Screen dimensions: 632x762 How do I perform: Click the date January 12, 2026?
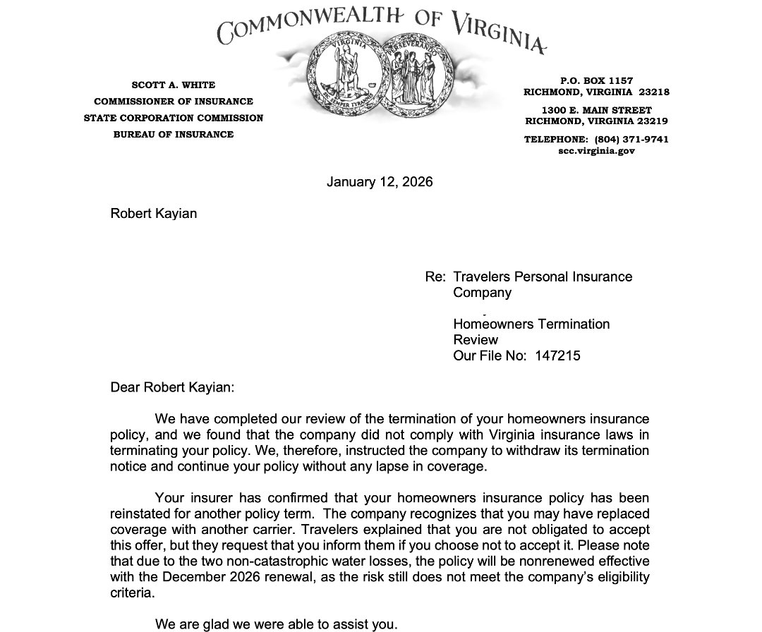pyautogui.click(x=380, y=182)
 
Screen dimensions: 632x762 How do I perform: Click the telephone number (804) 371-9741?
pyautogui.click(x=631, y=140)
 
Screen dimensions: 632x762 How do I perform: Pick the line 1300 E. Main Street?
pyautogui.click(x=596, y=111)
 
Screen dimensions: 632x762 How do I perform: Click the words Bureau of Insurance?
pyautogui.click(x=173, y=134)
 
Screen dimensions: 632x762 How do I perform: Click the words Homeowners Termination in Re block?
pyautogui.click(x=531, y=324)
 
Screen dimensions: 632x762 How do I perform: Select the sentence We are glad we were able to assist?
pyautogui.click(x=276, y=624)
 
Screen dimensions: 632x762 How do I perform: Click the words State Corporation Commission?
pyautogui.click(x=173, y=118)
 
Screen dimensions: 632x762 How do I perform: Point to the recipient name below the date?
pyautogui.click(x=153, y=213)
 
